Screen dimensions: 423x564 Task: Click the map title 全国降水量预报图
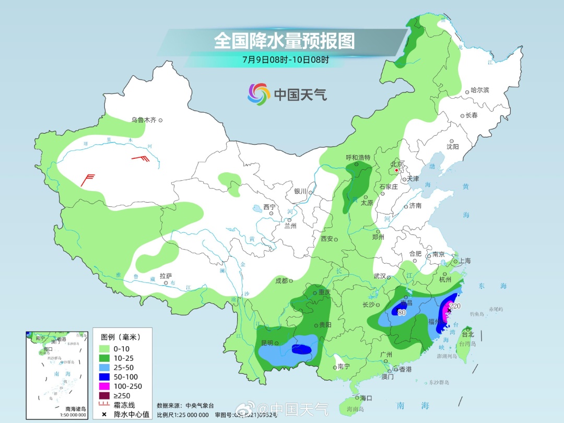[284, 41]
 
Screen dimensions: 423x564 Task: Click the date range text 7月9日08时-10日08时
[285, 60]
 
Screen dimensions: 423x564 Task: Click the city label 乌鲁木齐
[144, 120]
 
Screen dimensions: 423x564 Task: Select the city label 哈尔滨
[479, 90]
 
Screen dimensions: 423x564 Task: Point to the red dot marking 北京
[397, 170]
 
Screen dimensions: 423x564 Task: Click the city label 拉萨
[166, 276]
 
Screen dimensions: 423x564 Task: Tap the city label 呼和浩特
[358, 157]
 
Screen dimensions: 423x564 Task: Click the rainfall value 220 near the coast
[454, 306]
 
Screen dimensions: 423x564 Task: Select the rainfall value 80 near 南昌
[402, 313]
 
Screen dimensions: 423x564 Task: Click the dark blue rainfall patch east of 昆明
[303, 348]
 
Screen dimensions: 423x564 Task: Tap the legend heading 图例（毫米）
[119, 336]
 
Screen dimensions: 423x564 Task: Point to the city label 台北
[467, 334]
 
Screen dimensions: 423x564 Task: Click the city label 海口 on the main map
[366, 398]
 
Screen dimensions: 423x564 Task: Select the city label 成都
[281, 280]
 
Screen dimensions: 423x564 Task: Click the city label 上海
[464, 261]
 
